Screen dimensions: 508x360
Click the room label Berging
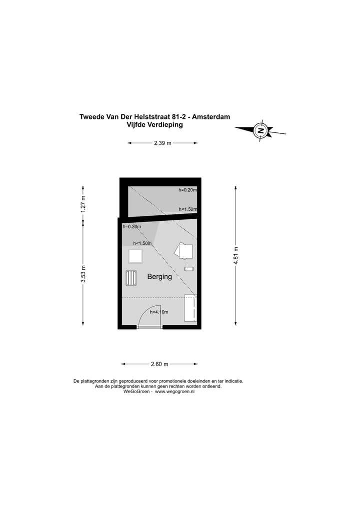pyautogui.click(x=159, y=277)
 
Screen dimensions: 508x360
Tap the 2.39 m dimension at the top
pyautogui.click(x=162, y=143)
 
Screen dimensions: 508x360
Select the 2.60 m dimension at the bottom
pyautogui.click(x=159, y=364)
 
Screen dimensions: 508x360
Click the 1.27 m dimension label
pyautogui.click(x=83, y=204)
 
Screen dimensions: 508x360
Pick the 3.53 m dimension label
pyautogui.click(x=83, y=274)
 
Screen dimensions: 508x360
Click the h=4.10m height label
pyautogui.click(x=159, y=312)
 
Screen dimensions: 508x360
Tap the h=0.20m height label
pyautogui.click(x=187, y=190)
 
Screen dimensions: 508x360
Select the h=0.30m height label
pyautogui.click(x=132, y=227)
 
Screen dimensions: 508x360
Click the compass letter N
pyautogui.click(x=260, y=130)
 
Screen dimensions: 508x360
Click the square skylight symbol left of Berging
pyautogui.click(x=135, y=256)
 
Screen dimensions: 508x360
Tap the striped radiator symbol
pyautogui.click(x=131, y=278)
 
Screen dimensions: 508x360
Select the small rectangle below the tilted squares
pyautogui.click(x=188, y=269)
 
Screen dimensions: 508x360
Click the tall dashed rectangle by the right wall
pyautogui.click(x=190, y=308)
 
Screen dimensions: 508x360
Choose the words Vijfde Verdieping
pyautogui.click(x=155, y=125)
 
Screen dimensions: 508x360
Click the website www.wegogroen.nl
pyautogui.click(x=174, y=392)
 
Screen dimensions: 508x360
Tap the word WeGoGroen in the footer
pyautogui.click(x=134, y=392)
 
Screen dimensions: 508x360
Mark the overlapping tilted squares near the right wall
pyautogui.click(x=184, y=251)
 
